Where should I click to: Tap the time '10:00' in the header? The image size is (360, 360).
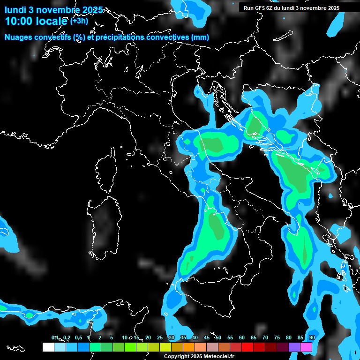coord(19,21)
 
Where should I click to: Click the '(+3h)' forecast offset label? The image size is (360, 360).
coord(79,21)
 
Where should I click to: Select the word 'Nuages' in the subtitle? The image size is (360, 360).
coord(18,37)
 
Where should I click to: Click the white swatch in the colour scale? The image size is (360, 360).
coord(48,347)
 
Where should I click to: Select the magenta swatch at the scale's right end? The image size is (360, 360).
coord(306,347)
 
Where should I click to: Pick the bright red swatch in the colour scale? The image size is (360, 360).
coord(247,347)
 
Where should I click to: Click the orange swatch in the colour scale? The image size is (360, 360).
coord(189,347)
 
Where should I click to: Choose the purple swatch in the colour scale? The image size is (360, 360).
coord(294,347)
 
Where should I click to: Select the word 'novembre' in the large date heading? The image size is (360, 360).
coord(60,10)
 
